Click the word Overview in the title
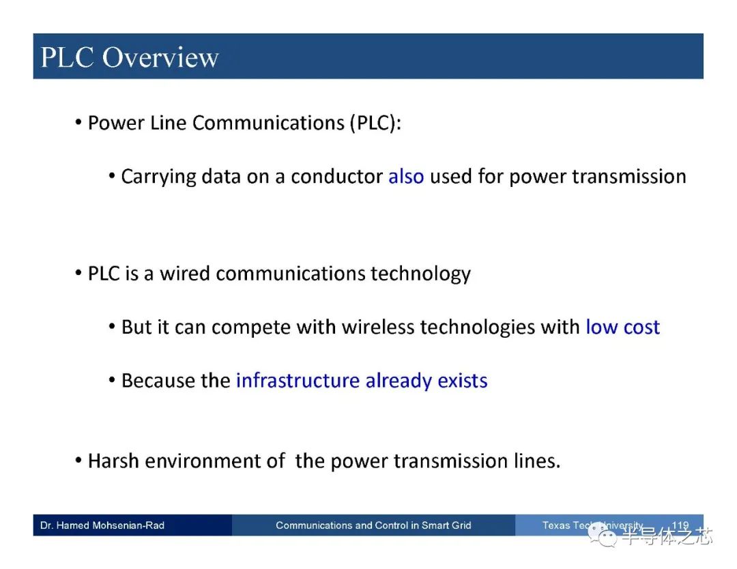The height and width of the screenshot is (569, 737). (x=160, y=57)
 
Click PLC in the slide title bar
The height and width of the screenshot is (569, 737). (x=67, y=57)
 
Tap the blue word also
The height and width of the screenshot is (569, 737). (x=406, y=177)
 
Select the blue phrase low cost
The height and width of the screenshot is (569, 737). (x=623, y=327)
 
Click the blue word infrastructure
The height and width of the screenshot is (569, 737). (x=298, y=381)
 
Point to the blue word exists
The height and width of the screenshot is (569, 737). (x=463, y=381)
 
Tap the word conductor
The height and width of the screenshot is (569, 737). (x=336, y=177)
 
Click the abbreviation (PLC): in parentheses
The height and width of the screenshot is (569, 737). (x=375, y=123)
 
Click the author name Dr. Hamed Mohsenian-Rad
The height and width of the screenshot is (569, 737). (x=102, y=525)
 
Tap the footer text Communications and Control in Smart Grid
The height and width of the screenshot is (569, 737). (x=373, y=525)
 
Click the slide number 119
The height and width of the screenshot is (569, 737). (x=680, y=525)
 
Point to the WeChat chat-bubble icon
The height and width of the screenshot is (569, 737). (x=603, y=535)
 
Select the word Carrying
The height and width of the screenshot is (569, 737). (x=158, y=177)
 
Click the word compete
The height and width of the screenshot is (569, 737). (x=250, y=327)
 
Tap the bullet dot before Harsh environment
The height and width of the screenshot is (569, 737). (x=78, y=460)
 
